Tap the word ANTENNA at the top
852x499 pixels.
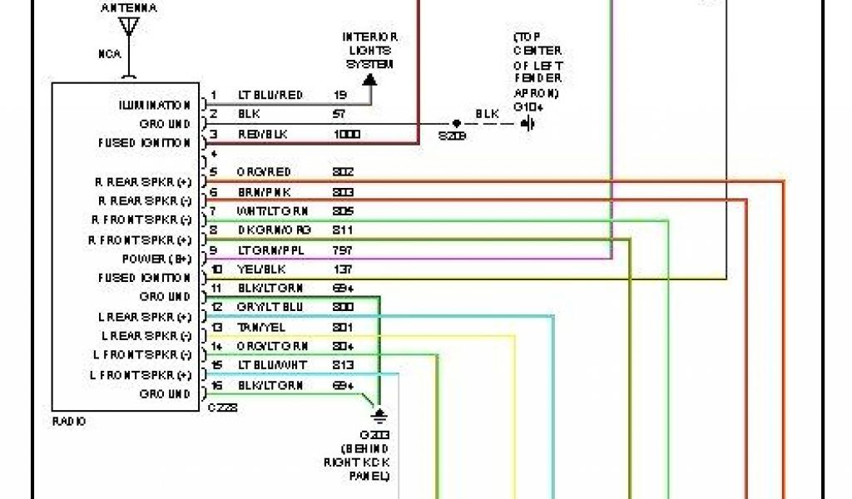coord(129,7)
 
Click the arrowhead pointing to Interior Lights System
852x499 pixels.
coord(369,80)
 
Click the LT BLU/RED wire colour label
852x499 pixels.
coord(270,96)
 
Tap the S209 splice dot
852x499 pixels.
coord(456,123)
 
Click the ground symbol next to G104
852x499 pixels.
coord(527,124)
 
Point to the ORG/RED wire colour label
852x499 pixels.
coord(264,172)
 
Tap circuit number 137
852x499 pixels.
coord(341,269)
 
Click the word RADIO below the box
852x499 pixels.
coord(68,422)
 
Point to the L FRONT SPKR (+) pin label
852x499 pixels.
coord(141,375)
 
